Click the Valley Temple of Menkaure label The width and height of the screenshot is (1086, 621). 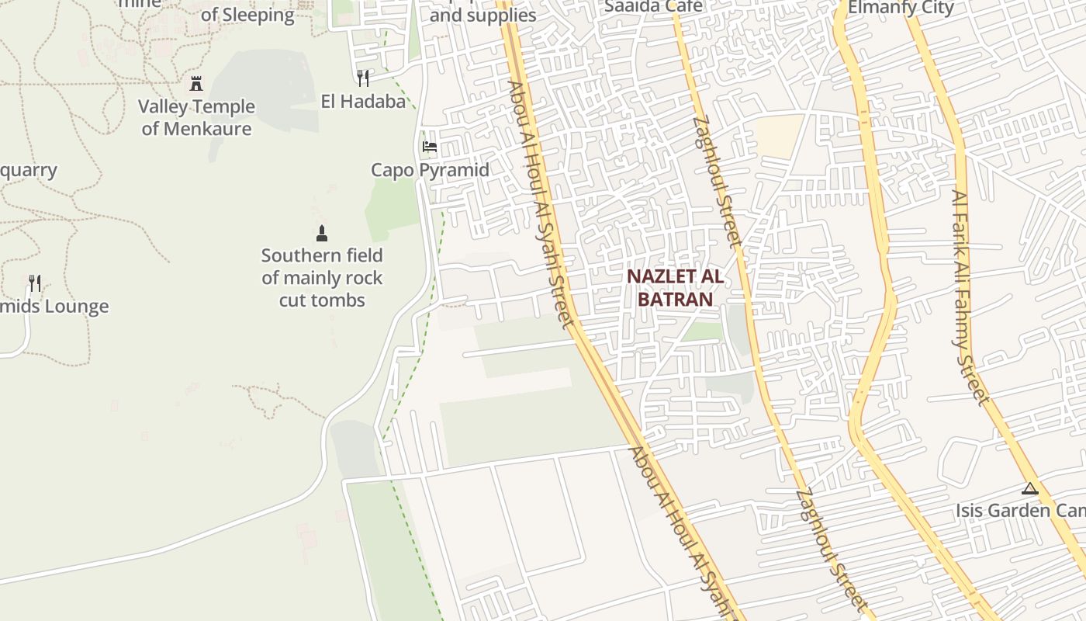(x=196, y=117)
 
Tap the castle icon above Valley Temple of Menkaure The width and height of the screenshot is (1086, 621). (x=196, y=83)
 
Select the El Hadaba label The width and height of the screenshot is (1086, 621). (x=363, y=102)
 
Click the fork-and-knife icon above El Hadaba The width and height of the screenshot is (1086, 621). (x=362, y=78)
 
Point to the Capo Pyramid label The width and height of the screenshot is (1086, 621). (x=430, y=170)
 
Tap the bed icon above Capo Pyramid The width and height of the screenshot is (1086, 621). (x=429, y=146)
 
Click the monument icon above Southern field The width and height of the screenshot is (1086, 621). (x=322, y=233)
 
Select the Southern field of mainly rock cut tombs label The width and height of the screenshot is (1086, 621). (x=322, y=277)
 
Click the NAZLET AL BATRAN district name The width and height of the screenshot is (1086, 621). (x=675, y=287)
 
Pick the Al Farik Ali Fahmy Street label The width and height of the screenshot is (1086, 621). (x=971, y=297)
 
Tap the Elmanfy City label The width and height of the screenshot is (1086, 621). (x=901, y=9)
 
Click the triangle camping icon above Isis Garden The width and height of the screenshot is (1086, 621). (x=1029, y=488)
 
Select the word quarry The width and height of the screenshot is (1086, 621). (x=29, y=170)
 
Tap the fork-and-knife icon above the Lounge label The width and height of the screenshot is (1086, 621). (x=35, y=283)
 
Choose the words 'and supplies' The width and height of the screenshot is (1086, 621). (x=482, y=15)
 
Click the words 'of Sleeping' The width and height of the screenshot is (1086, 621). (x=247, y=15)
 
